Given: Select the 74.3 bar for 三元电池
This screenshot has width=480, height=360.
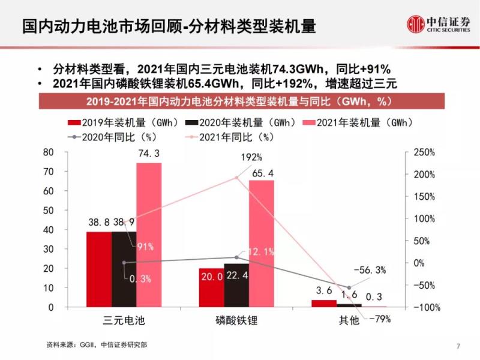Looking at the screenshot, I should [149, 235].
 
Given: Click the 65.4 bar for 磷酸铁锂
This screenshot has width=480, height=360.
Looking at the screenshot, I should [261, 244].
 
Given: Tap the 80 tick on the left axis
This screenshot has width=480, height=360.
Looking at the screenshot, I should [49, 152].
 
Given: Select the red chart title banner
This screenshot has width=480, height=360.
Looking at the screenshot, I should [240, 100].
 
